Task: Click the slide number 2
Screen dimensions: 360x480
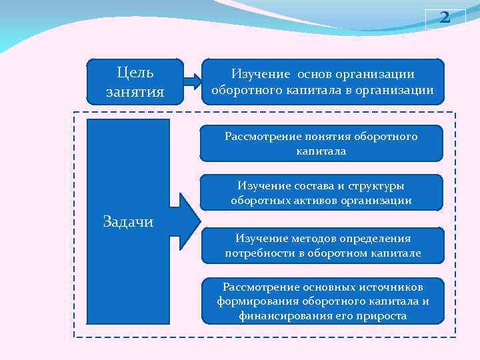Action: coord(445,19)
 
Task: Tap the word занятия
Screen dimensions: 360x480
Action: coord(135,91)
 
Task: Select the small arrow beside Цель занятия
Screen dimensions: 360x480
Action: coord(193,81)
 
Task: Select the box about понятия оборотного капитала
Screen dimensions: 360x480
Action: coord(321,143)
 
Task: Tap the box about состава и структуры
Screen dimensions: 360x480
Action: coord(321,193)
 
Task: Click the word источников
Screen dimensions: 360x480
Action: coord(387,287)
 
